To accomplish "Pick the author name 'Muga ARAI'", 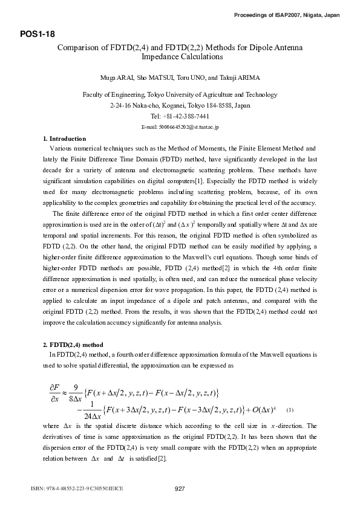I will click(114, 78).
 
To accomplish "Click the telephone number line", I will click(180, 116).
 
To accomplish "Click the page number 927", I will click(180, 488).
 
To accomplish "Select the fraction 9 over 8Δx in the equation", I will click(76, 392).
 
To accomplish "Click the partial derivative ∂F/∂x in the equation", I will click(54, 392).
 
